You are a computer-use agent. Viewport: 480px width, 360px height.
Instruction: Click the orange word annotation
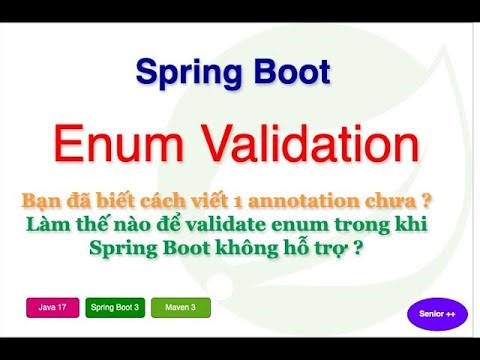319,198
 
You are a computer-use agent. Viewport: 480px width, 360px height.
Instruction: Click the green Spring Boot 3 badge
115,307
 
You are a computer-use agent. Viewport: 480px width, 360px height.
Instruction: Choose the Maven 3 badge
180,307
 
